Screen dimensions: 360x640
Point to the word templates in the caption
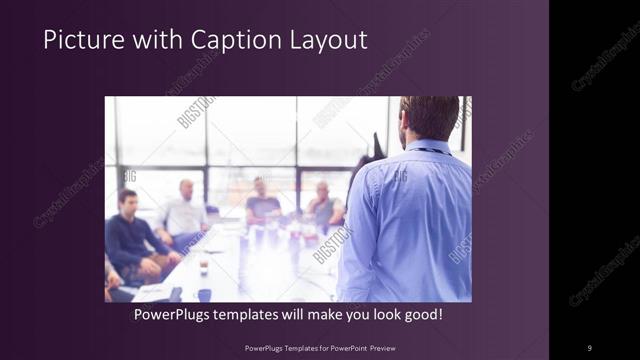pos(257,315)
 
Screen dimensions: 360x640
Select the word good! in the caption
pos(421,315)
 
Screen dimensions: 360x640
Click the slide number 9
pos(589,347)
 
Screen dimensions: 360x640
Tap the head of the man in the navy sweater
pos(128,198)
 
